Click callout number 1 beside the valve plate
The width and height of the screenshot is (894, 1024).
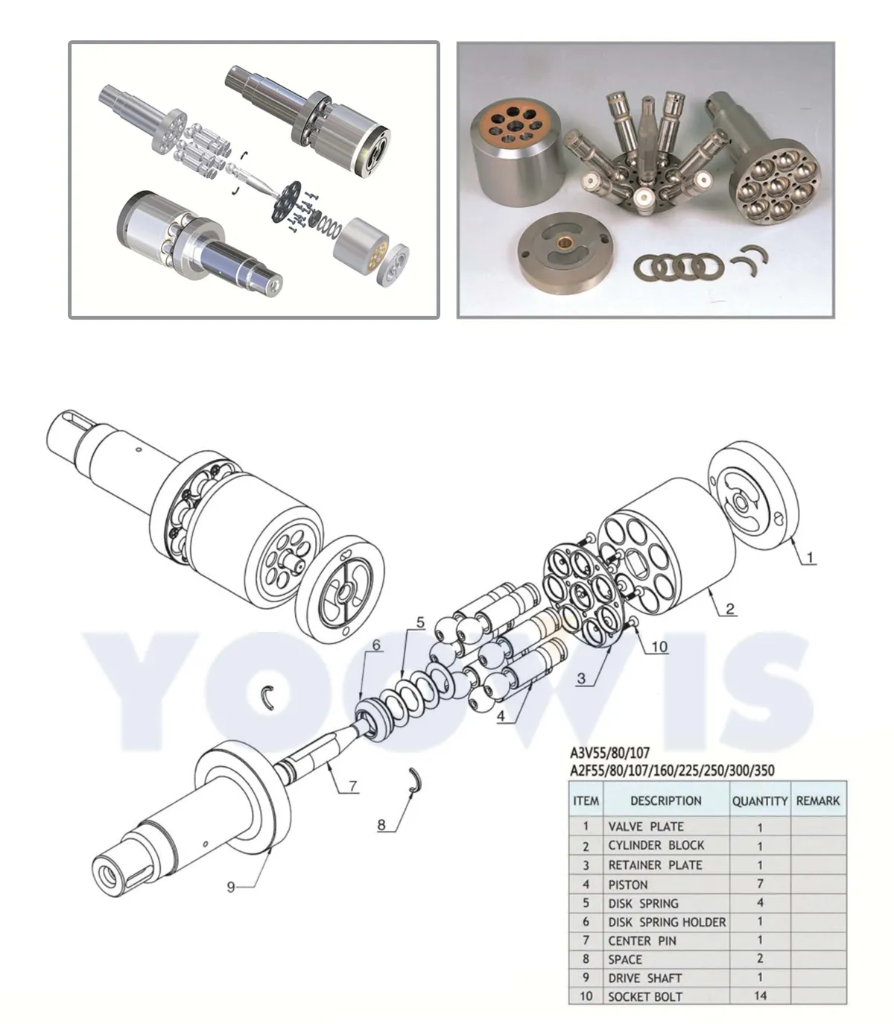(x=811, y=557)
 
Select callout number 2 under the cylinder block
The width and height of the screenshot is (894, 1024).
(x=730, y=609)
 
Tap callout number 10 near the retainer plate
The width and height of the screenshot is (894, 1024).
(x=659, y=646)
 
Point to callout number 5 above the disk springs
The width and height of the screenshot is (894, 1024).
(x=420, y=622)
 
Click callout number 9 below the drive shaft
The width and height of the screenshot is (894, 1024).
(x=231, y=886)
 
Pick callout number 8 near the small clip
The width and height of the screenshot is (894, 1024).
(x=381, y=825)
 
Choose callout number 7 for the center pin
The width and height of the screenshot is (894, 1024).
(x=353, y=786)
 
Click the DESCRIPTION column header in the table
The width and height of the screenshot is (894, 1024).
(x=665, y=800)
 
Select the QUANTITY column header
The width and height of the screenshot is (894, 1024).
(x=759, y=800)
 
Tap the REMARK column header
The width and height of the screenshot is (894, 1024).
(x=817, y=800)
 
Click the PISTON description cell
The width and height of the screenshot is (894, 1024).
(x=628, y=885)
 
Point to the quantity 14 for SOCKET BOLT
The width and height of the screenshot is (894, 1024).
(x=760, y=996)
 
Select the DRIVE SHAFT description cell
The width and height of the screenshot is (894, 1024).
(x=644, y=978)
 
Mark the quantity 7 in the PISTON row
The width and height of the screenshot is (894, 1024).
(x=760, y=884)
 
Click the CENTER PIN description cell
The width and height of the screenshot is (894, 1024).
(x=641, y=941)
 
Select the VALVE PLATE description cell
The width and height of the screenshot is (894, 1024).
(x=645, y=827)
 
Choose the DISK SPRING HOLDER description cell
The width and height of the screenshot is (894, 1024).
(x=666, y=922)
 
